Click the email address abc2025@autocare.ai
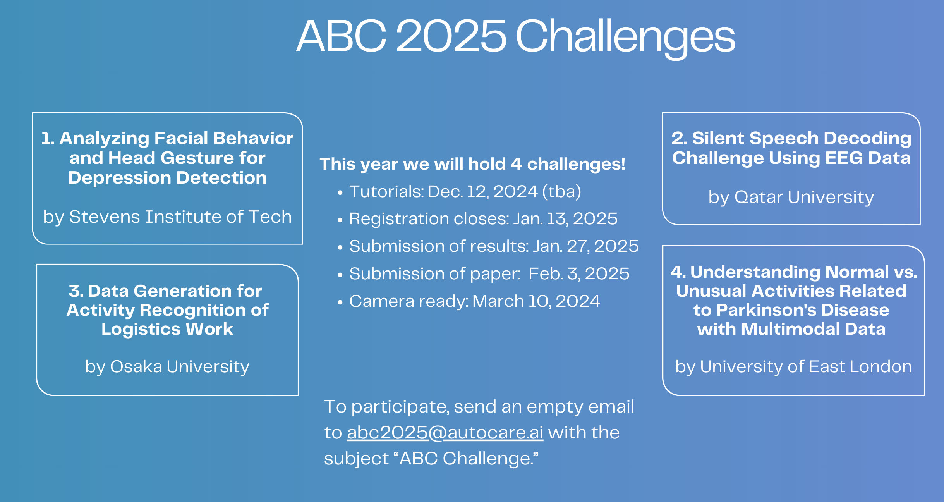pyautogui.click(x=445, y=433)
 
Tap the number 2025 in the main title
pyautogui.click(x=451, y=36)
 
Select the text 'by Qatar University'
pyautogui.click(x=791, y=198)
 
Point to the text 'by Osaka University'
pyautogui.click(x=167, y=367)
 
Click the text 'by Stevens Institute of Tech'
pyautogui.click(x=167, y=217)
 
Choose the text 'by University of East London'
pyautogui.click(x=793, y=367)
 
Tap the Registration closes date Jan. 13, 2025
pyautogui.click(x=565, y=219)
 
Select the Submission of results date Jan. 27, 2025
pyautogui.click(x=585, y=246)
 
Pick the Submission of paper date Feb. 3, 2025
pyautogui.click(x=579, y=274)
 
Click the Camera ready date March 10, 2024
pyautogui.click(x=536, y=301)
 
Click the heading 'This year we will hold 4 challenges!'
pyautogui.click(x=472, y=164)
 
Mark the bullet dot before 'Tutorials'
pyautogui.click(x=340, y=193)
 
